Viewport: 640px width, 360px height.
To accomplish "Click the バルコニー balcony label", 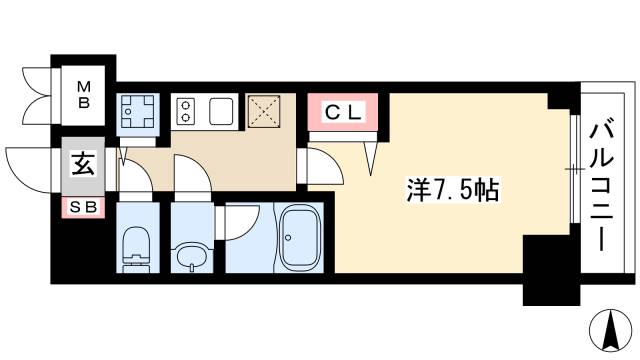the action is click(x=603, y=185).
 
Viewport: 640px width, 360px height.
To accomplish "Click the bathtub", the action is click(x=302, y=240).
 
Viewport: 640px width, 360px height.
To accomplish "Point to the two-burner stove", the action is click(x=187, y=111).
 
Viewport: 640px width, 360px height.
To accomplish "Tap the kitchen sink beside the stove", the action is click(x=221, y=110).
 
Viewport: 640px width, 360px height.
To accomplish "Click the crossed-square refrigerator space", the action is click(x=266, y=112).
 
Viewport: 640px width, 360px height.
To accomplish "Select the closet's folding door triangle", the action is click(x=373, y=150).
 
